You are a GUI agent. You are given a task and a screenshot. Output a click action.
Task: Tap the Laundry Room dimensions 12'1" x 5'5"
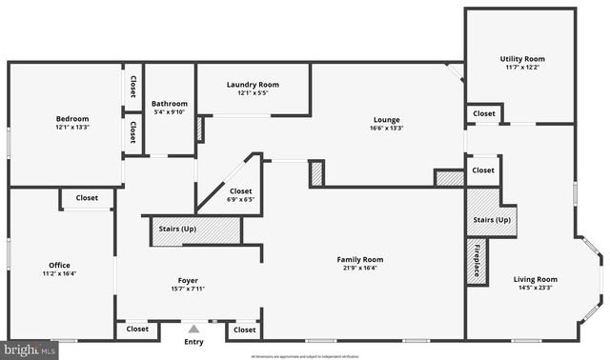[253, 93]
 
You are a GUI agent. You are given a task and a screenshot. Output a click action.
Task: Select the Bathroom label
[169, 103]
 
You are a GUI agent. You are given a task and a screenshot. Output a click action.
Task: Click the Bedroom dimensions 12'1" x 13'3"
[65, 128]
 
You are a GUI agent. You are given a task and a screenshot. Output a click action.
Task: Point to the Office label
[60, 265]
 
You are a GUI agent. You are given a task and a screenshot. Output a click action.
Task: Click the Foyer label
[189, 280]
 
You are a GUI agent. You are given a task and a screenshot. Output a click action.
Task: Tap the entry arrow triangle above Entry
[193, 328]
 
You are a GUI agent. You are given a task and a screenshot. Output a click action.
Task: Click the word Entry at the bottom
[193, 341]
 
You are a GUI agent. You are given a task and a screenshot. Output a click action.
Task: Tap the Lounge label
[386, 119]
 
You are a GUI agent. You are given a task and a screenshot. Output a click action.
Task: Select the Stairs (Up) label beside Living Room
[492, 220]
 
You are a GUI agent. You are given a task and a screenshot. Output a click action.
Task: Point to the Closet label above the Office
[87, 198]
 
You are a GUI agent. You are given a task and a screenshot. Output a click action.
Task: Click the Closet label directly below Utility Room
[484, 113]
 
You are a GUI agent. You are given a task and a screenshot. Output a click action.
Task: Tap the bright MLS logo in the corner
[29, 349]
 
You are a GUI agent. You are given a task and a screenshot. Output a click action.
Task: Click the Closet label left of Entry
[138, 330]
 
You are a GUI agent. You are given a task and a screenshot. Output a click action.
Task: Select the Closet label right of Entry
[245, 330]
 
